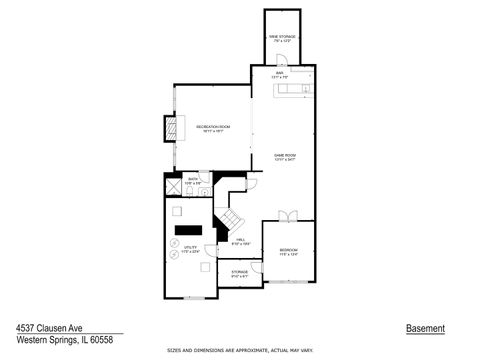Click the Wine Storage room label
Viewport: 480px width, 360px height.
pyautogui.click(x=280, y=38)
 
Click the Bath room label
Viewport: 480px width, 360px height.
pyautogui.click(x=193, y=181)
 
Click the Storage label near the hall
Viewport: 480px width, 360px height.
pyautogui.click(x=240, y=273)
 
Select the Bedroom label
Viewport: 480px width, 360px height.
pyautogui.click(x=288, y=251)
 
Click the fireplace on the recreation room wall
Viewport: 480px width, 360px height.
pyautogui.click(x=171, y=128)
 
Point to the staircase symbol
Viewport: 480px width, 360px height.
pyautogui.click(x=232, y=219)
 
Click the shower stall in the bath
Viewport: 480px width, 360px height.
pyautogui.click(x=172, y=187)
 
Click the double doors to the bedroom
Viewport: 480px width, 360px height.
pyautogui.click(x=288, y=217)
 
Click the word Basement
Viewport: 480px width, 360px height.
pyautogui.click(x=425, y=329)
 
